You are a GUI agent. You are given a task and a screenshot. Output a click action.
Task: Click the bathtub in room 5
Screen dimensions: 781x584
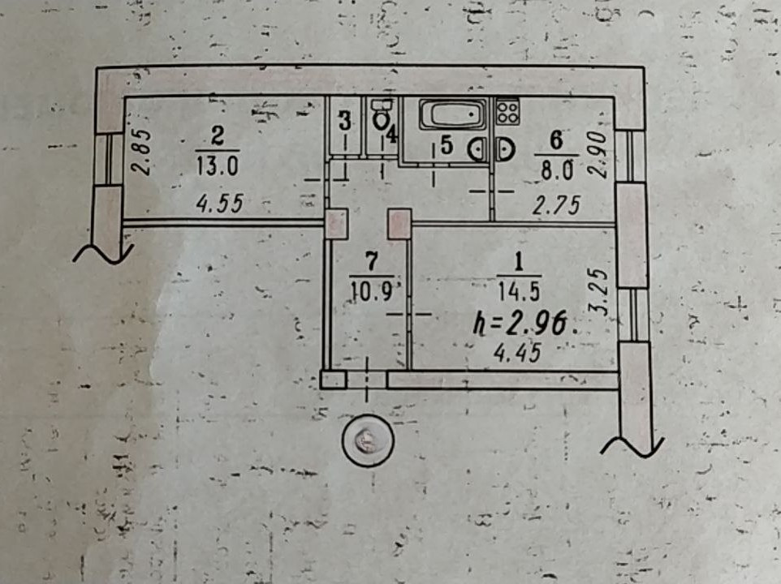click(454, 114)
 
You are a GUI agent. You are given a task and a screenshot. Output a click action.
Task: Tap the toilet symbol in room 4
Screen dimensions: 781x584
click(381, 117)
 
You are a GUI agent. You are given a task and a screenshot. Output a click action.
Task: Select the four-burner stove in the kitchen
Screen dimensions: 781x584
click(507, 110)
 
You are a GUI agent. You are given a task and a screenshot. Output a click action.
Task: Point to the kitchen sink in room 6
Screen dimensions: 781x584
click(505, 150)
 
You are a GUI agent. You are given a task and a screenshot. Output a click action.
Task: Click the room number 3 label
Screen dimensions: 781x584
click(344, 122)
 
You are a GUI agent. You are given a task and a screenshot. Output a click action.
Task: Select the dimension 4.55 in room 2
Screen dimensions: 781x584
click(219, 204)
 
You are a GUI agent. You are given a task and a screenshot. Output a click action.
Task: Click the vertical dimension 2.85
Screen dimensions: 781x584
click(141, 153)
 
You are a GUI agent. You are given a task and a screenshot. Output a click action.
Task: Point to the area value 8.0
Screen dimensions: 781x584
click(556, 169)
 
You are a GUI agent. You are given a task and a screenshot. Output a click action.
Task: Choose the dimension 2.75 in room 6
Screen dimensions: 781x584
click(555, 206)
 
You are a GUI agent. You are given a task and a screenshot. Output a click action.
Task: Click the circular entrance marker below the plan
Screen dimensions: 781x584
click(367, 441)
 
